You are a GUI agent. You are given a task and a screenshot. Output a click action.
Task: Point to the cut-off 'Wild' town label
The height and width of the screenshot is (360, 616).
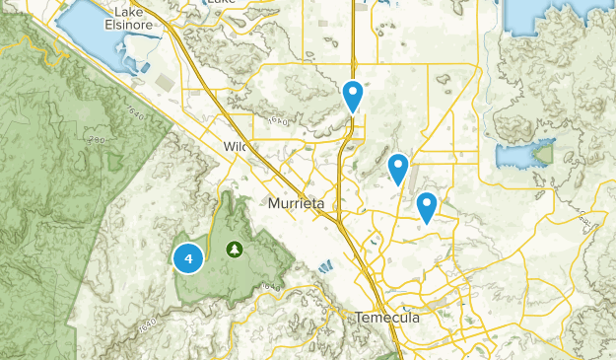(233, 147)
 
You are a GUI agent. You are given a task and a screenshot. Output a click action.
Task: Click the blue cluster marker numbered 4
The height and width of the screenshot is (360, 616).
(188, 258)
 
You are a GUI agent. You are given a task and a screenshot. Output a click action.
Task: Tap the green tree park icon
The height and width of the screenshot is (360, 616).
(235, 250)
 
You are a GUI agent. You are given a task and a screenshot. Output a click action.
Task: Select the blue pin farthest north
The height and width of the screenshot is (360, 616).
(353, 95)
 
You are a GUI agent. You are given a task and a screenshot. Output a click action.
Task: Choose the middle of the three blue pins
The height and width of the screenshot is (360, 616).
(398, 168)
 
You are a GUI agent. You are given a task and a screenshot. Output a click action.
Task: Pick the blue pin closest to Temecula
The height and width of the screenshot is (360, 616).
(427, 206)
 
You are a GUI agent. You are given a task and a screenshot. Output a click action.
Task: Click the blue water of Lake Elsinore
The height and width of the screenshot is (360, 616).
(94, 39)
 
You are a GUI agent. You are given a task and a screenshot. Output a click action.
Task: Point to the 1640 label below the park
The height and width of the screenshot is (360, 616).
(272, 285)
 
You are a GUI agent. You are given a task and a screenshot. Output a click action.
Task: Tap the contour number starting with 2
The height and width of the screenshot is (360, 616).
(96, 141)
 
